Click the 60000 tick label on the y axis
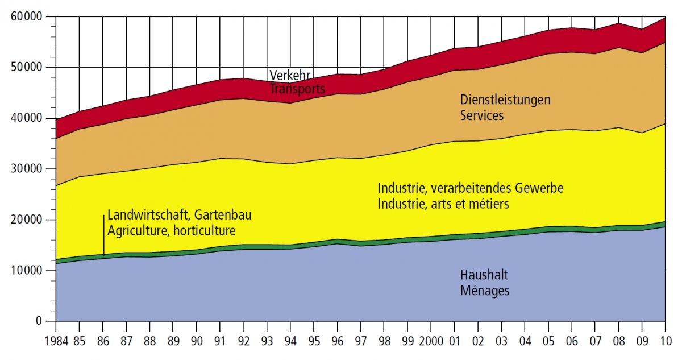tap(27, 17)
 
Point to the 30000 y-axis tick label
tap(27, 169)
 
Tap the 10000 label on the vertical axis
tap(27, 271)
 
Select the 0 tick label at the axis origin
tap(39, 321)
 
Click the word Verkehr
tap(288, 75)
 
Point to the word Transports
tap(297, 89)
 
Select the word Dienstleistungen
tap(505, 100)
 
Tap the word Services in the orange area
tap(482, 115)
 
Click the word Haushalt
tap(484, 275)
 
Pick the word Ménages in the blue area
tap(485, 291)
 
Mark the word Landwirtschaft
tap(148, 216)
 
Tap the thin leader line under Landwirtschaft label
tap(104, 235)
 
